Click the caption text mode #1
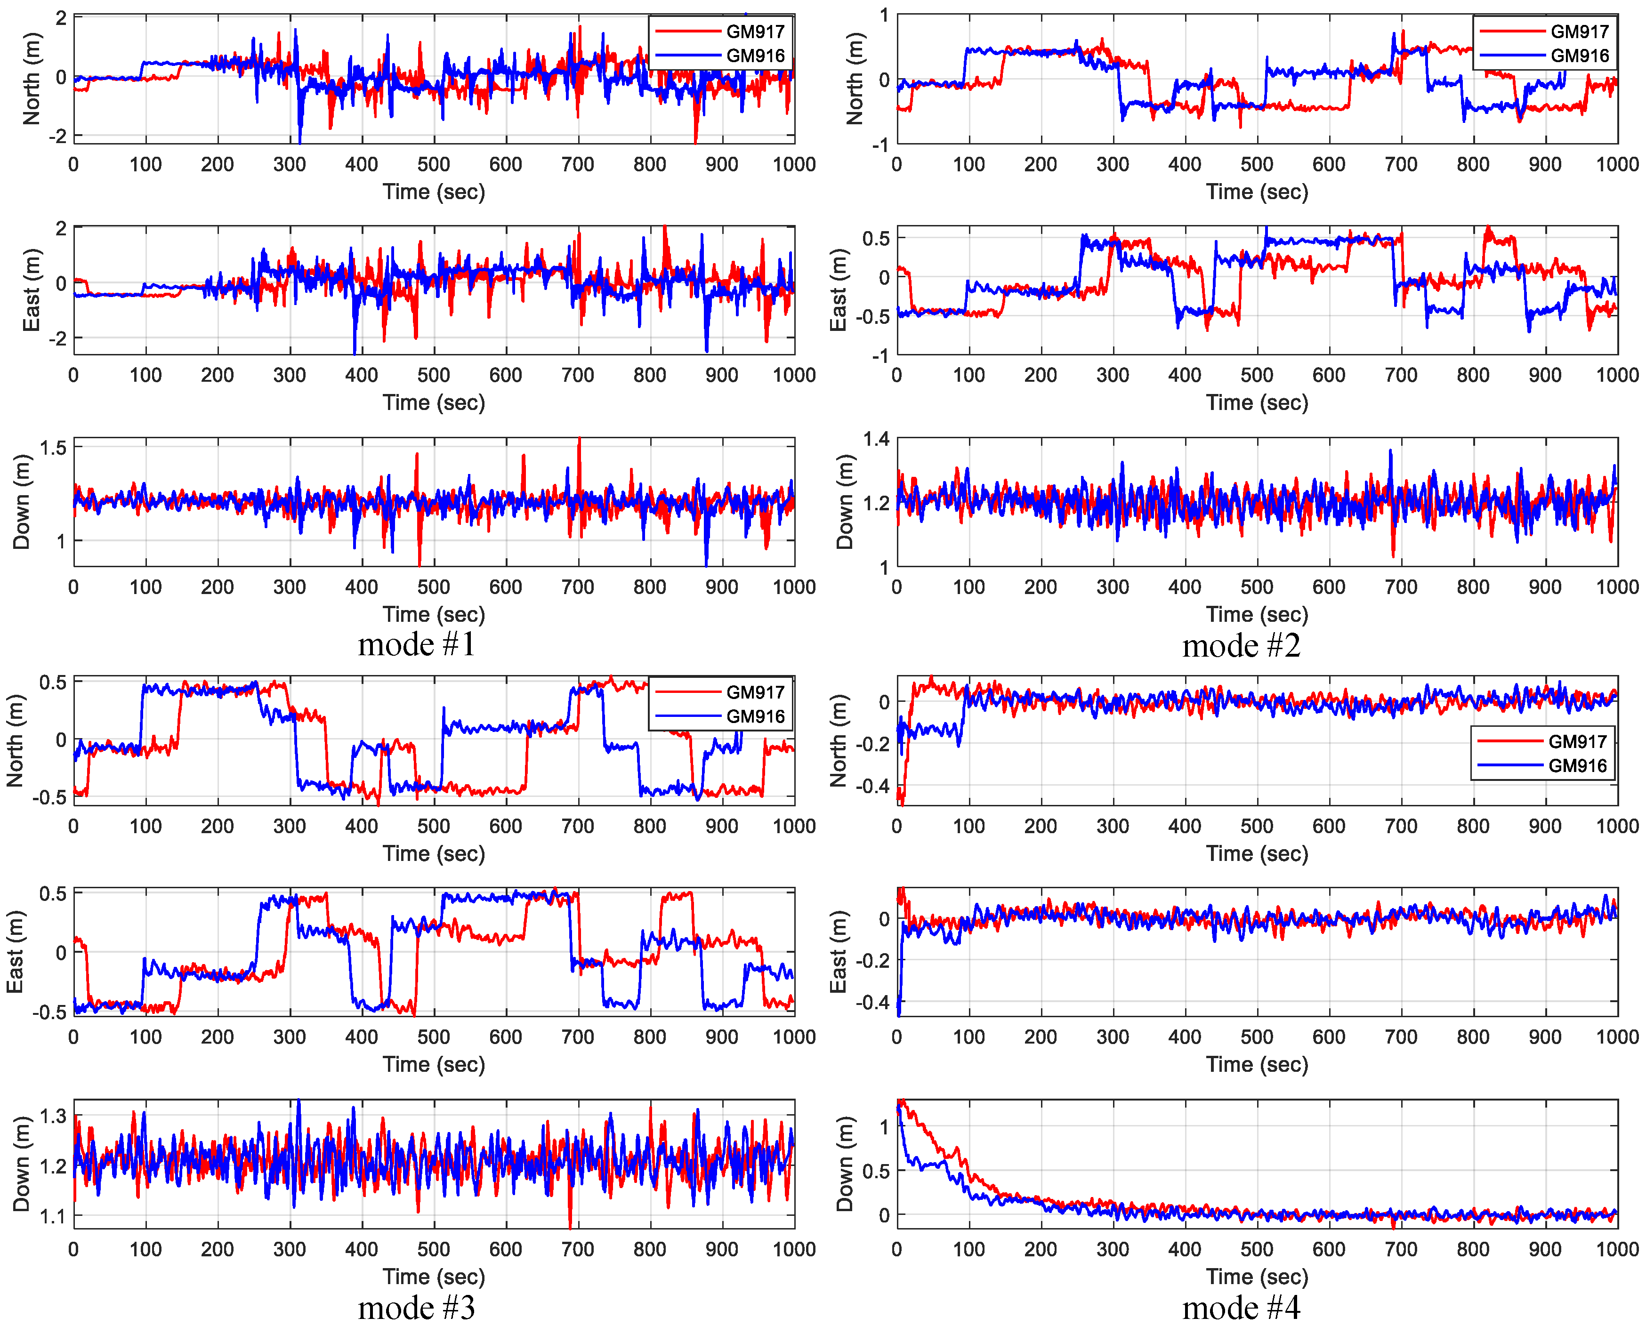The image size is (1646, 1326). (416, 645)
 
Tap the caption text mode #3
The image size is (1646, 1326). (416, 1308)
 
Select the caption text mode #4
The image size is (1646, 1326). (1241, 1308)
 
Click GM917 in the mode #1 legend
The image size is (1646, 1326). (755, 32)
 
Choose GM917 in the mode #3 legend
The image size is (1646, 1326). (755, 692)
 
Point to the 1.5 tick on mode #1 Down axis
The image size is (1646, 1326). (54, 448)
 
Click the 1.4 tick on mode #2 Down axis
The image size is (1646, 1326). (876, 438)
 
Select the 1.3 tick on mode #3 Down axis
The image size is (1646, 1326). (54, 1116)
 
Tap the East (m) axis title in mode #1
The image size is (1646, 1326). (31, 290)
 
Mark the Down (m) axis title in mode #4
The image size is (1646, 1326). (844, 1164)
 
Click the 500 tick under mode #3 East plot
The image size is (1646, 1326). (433, 1037)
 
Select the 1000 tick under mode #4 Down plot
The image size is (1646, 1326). (1617, 1249)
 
